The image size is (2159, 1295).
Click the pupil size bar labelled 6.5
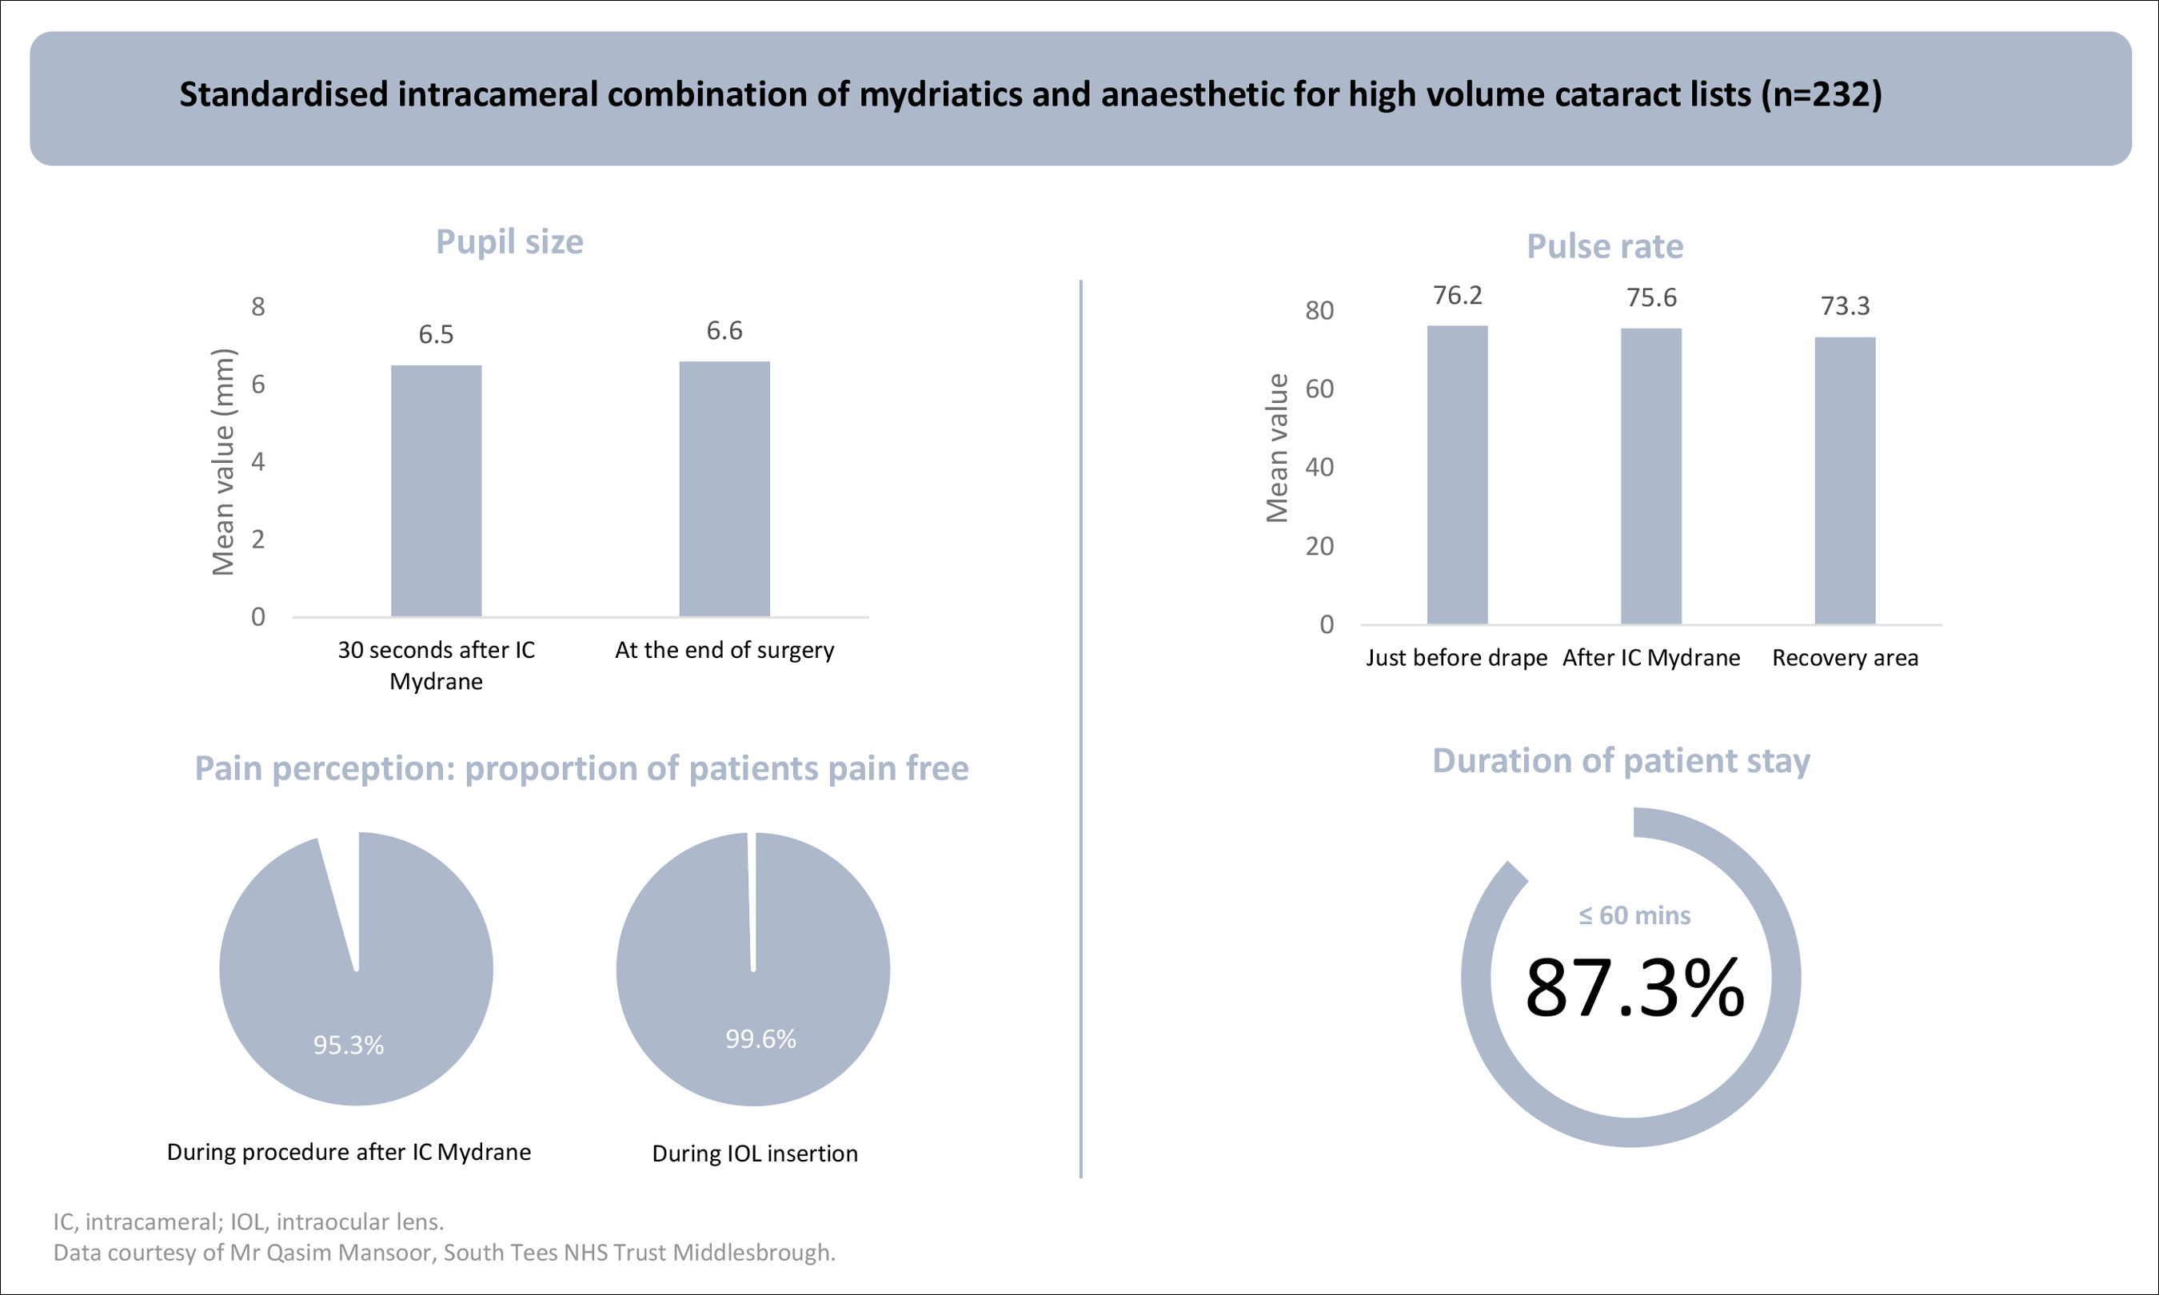(436, 491)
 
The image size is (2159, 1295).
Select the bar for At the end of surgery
(724, 488)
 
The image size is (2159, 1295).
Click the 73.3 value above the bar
(1844, 306)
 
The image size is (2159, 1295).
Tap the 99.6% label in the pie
(760, 1038)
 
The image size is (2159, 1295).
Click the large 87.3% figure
(1634, 988)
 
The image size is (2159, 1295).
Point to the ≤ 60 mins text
(1634, 915)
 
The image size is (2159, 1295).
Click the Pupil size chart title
(509, 241)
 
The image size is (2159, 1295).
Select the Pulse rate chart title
(1604, 246)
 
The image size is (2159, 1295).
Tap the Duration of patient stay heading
(1621, 761)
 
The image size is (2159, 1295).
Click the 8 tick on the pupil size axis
(257, 306)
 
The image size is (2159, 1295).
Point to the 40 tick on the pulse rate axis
(1319, 467)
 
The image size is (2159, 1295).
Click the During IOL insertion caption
(755, 1154)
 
